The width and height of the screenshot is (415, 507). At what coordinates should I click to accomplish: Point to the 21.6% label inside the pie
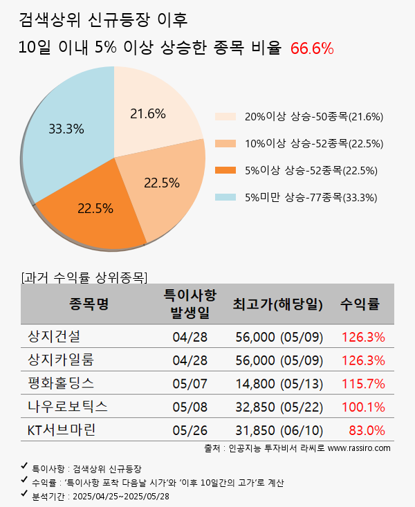148,113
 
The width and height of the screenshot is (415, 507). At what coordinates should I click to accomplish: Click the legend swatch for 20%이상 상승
225,116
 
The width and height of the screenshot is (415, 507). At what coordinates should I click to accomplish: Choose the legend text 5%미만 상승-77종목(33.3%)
311,197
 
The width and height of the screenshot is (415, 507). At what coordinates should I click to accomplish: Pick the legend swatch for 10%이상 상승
225,143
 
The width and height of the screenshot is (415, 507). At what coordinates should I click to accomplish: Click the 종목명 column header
89,304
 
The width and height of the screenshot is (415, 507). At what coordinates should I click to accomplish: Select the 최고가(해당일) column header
278,304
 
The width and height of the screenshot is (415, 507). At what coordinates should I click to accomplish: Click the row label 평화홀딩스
61,382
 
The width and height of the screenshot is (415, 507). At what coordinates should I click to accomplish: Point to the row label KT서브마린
61,430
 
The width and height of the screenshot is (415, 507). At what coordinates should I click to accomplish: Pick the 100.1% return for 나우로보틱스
363,406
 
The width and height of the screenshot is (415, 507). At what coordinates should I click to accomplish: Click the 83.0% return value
367,430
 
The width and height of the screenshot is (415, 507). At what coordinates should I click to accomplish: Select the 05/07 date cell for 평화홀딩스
190,383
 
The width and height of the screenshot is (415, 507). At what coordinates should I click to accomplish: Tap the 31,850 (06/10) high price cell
279,430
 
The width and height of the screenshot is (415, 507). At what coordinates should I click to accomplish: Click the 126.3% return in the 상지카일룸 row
363,360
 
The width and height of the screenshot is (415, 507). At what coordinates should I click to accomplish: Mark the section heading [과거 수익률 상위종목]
84,277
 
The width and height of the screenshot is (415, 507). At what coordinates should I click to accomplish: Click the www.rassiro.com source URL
359,448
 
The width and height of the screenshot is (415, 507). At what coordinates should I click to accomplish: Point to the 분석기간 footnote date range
121,496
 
